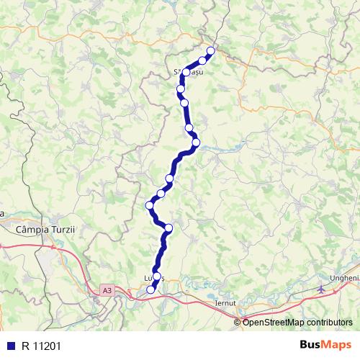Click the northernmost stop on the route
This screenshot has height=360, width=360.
tap(211, 50)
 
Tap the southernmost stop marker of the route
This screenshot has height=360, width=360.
tap(150, 289)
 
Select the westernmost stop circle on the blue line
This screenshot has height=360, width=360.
tap(150, 205)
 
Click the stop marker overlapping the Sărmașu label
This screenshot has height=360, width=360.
tap(186, 72)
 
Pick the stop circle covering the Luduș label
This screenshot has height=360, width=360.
tap(157, 276)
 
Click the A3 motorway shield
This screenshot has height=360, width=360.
tap(107, 290)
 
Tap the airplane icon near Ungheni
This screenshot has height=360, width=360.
tap(320, 289)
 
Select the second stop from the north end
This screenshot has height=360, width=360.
tap(203, 60)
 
